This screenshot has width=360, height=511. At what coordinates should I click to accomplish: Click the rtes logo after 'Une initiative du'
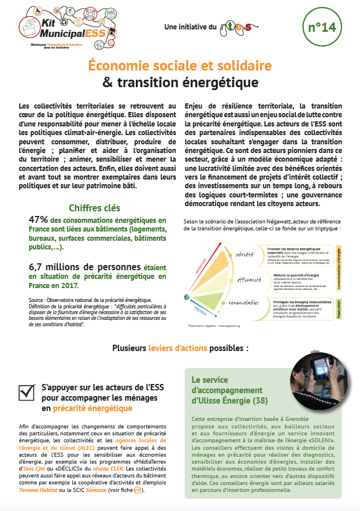pyautogui.click(x=235, y=27)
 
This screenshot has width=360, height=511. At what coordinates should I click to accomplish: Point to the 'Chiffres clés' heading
pyautogui.click(x=95, y=208)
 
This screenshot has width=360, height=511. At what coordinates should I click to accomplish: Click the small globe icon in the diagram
pyautogui.click(x=187, y=297)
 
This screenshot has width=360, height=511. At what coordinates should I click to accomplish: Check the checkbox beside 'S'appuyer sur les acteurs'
pyautogui.click(x=27, y=392)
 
